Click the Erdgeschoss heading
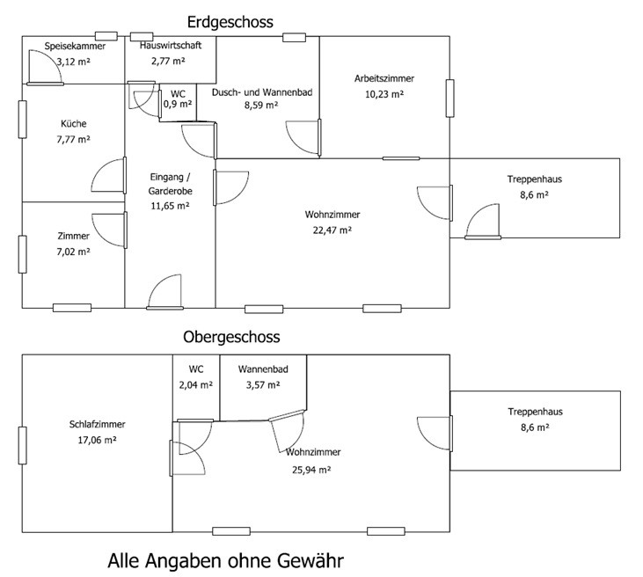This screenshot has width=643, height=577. [230, 22]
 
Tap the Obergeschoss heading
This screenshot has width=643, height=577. [231, 337]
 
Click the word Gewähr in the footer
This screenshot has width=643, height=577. [310, 560]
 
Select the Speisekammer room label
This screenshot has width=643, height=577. [75, 46]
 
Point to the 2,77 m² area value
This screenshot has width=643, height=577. [168, 61]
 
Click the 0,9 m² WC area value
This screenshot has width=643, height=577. [178, 104]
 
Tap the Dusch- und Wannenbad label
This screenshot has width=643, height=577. [262, 92]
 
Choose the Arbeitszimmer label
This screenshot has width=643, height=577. [384, 78]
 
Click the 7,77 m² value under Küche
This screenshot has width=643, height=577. [73, 140]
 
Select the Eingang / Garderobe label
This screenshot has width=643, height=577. [170, 184]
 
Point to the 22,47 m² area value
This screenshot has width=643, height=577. [332, 230]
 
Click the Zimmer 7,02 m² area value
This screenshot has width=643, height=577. [73, 252]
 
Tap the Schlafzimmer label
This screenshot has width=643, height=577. [97, 424]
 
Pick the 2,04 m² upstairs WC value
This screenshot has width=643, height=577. [196, 385]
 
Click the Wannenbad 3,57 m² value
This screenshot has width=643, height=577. [263, 385]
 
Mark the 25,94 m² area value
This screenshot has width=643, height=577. [311, 470]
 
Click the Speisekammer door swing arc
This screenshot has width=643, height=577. [53, 59]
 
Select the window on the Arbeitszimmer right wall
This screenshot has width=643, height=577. [449, 99]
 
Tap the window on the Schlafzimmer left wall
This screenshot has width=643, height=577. [23, 446]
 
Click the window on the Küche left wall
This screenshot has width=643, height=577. [23, 120]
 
